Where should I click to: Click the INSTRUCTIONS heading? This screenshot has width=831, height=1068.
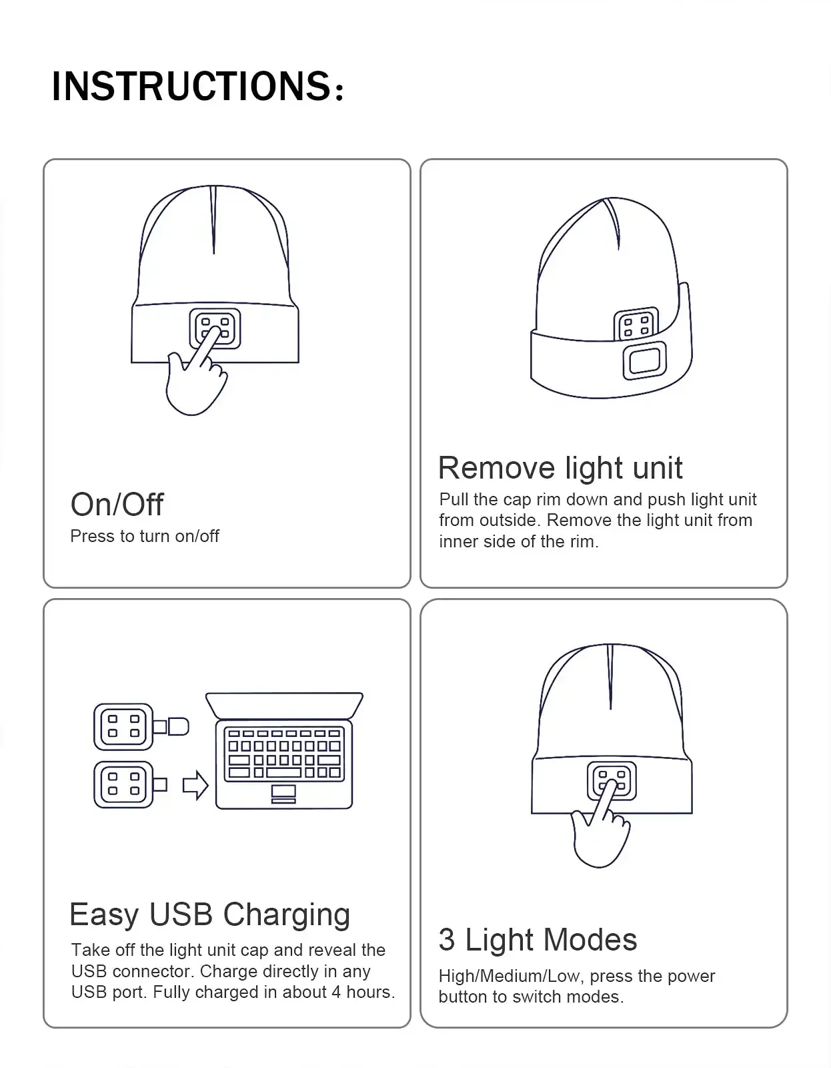[x=197, y=86]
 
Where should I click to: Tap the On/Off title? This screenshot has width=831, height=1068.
[x=117, y=505]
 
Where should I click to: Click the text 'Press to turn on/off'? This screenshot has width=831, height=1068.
[x=144, y=536]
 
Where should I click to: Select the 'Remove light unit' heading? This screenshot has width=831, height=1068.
[x=560, y=468]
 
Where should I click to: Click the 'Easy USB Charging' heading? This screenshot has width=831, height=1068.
[x=209, y=914]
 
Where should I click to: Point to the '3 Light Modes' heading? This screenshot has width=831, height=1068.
[x=538, y=940]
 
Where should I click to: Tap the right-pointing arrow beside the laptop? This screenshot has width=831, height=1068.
[x=195, y=785]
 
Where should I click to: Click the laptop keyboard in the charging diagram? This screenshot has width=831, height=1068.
[x=284, y=753]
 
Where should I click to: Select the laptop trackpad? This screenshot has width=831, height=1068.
[x=284, y=792]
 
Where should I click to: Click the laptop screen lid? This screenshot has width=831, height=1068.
[x=284, y=704]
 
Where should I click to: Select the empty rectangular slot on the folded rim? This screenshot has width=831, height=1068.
[x=644, y=360]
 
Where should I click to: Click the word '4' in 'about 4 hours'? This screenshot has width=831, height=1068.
[x=336, y=992]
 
